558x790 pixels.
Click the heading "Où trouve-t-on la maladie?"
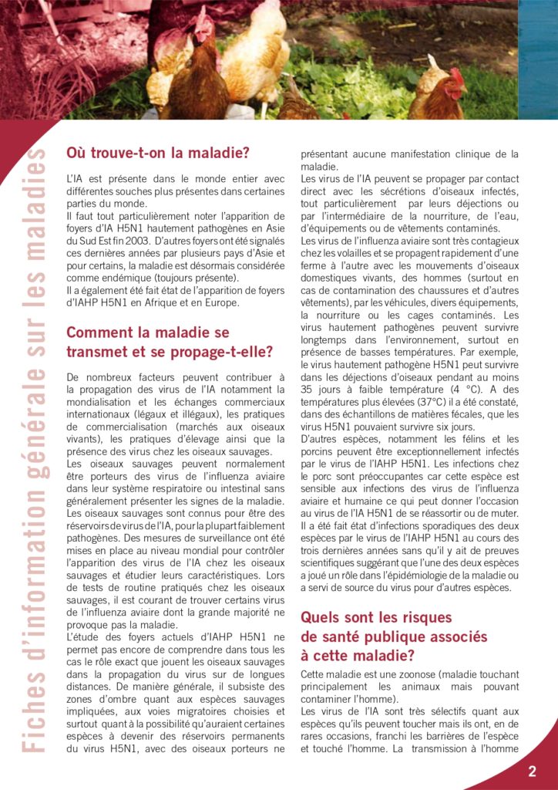click(x=158, y=153)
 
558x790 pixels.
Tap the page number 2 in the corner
click(x=532, y=771)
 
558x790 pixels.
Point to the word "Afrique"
click(x=175, y=302)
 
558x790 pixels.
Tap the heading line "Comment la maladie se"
click(x=148, y=333)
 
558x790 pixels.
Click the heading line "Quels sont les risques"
click(x=376, y=617)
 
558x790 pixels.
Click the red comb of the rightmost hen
click(x=456, y=76)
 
